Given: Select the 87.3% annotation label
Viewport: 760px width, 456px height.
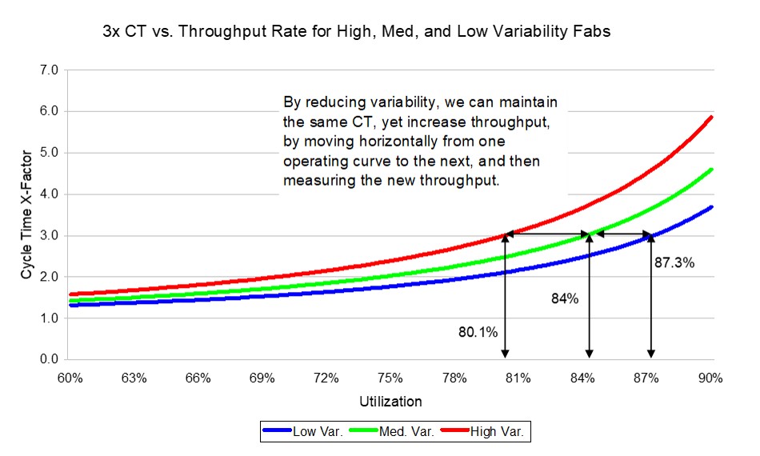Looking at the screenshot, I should click(x=673, y=261).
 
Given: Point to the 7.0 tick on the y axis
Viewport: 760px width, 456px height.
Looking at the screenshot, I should click(x=50, y=70).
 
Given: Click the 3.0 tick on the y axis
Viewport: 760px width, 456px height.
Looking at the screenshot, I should click(x=50, y=236).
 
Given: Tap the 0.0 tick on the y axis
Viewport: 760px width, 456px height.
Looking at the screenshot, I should click(x=50, y=360).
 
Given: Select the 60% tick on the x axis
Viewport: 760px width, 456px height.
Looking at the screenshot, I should click(x=70, y=378).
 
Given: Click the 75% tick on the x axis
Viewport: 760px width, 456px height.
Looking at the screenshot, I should click(x=390, y=378).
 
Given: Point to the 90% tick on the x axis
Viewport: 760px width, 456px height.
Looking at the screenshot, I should click(x=710, y=378).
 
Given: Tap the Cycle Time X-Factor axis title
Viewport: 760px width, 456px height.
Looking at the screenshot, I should click(x=26, y=214).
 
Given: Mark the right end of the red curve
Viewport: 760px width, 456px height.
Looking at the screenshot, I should click(x=711, y=117).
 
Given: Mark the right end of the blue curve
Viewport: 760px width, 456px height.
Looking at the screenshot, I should click(x=711, y=207).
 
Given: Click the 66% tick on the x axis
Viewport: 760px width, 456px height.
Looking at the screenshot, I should click(x=198, y=378).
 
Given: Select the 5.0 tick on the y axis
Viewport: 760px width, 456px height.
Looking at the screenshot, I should click(x=50, y=153).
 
